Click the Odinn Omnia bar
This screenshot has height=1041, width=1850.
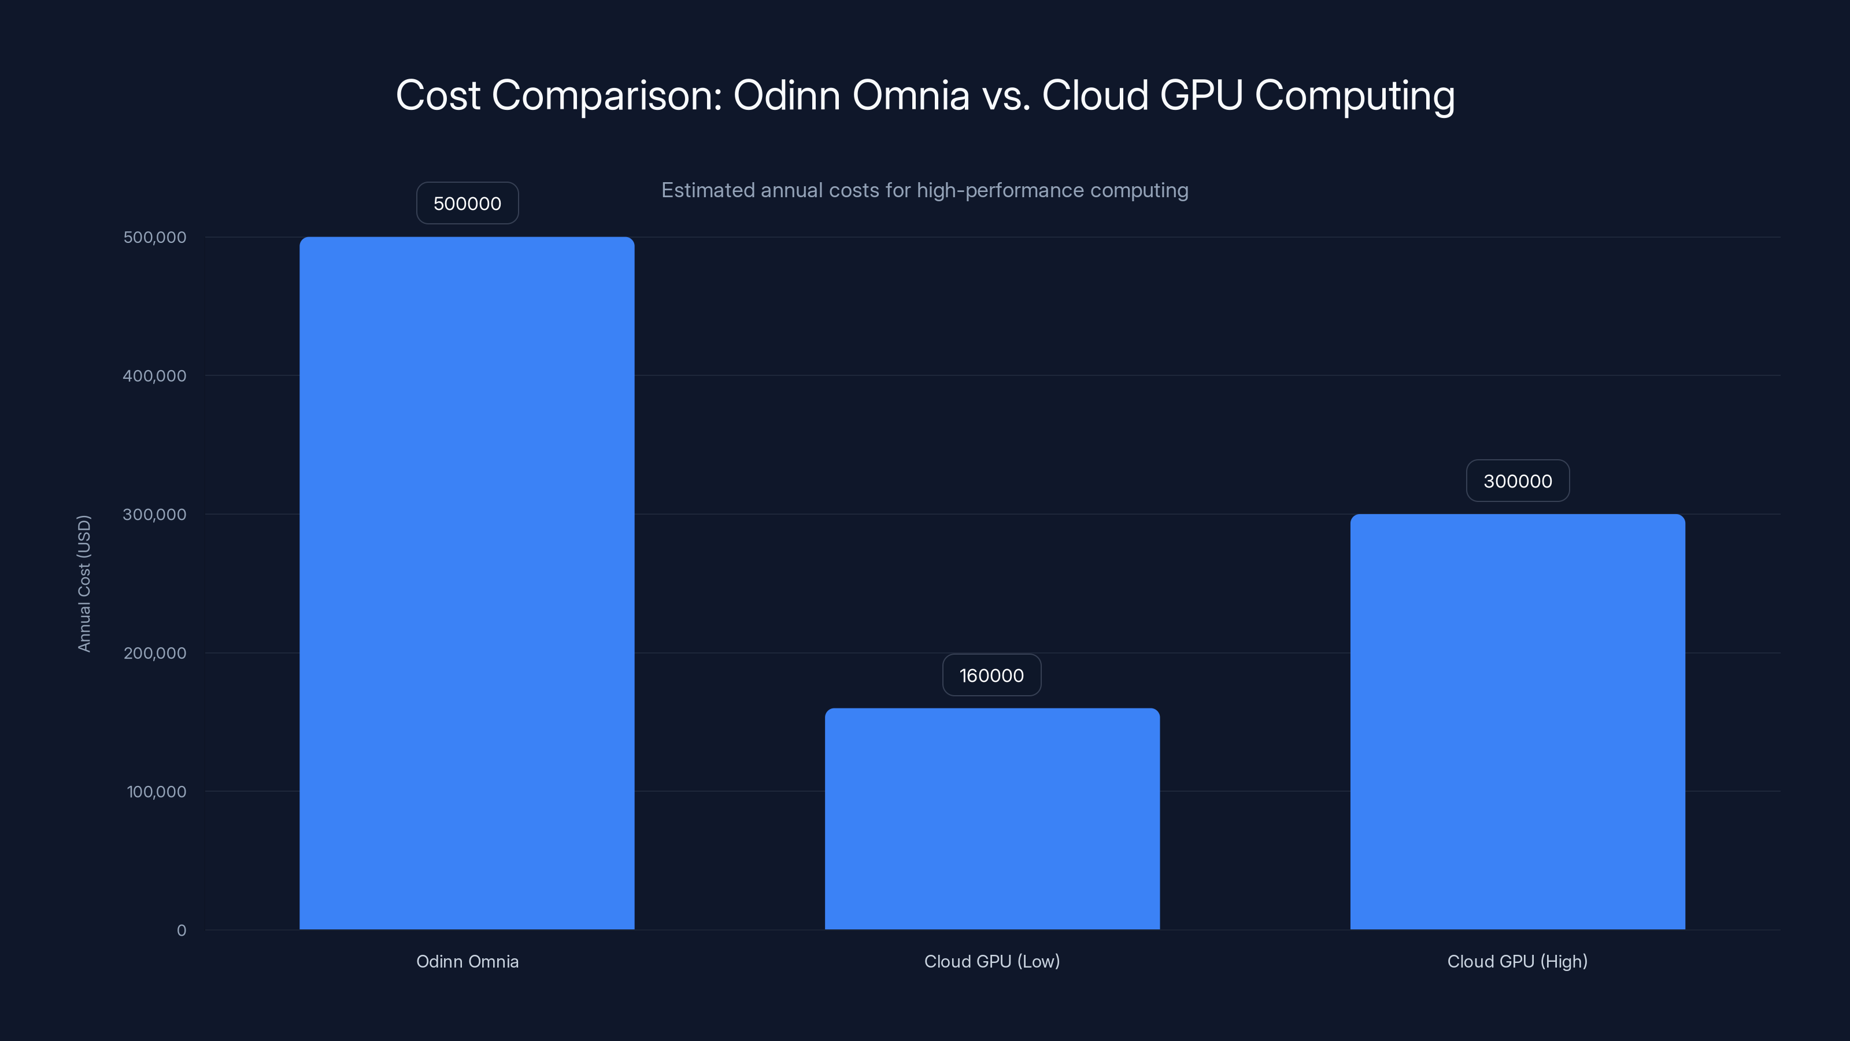pyautogui.click(x=467, y=582)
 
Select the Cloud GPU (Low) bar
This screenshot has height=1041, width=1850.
pyautogui.click(x=992, y=818)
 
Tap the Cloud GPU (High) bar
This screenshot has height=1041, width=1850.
pyautogui.click(x=1517, y=721)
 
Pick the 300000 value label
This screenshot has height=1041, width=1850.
pyautogui.click(x=1518, y=481)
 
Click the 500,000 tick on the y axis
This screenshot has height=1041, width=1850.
pyautogui.click(x=154, y=237)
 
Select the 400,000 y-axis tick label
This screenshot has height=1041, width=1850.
pyautogui.click(x=154, y=376)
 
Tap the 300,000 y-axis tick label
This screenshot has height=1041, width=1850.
pyautogui.click(x=154, y=514)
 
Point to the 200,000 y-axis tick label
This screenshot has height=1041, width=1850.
pyautogui.click(x=154, y=653)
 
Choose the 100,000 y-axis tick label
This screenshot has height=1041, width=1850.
pyautogui.click(x=156, y=792)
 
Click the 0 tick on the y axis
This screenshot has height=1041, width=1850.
pyautogui.click(x=181, y=931)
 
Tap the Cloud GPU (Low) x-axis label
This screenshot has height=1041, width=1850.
pyautogui.click(x=992, y=961)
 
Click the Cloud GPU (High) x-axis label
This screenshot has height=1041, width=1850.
pyautogui.click(x=1517, y=961)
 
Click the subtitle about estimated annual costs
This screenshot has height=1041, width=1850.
pyautogui.click(x=924, y=190)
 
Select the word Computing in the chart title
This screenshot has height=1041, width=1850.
pyautogui.click(x=1355, y=95)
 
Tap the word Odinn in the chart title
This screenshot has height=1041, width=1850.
pyautogui.click(x=786, y=95)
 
